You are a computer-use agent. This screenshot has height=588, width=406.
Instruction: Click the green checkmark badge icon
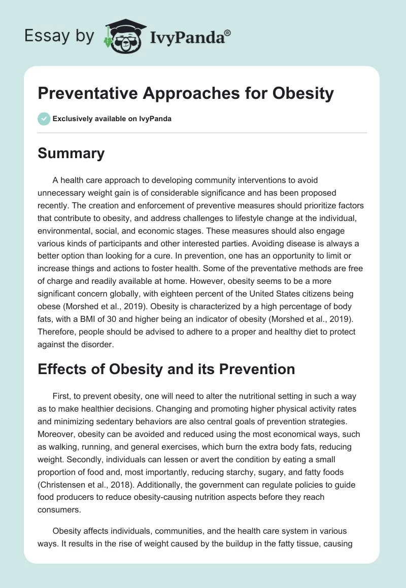[44, 119]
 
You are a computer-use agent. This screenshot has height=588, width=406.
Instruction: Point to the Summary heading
[71, 154]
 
